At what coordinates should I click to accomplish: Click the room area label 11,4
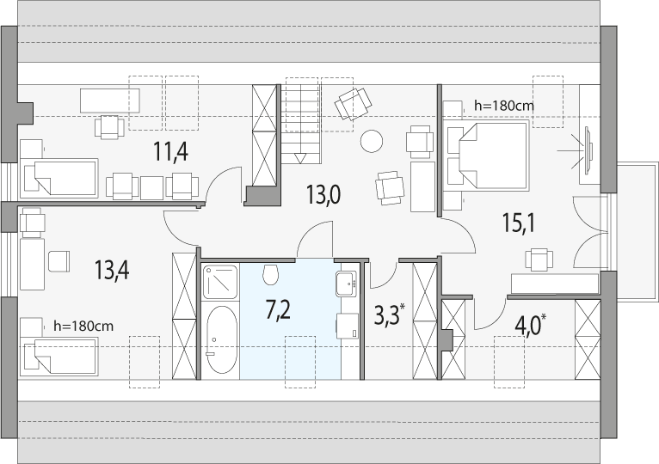pyautogui.click(x=170, y=151)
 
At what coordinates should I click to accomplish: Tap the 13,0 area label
pyautogui.click(x=323, y=195)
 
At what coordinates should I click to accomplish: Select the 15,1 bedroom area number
pyautogui.click(x=519, y=223)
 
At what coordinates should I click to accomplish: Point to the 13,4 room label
pyautogui.click(x=111, y=270)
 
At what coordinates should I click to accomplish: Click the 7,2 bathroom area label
pyautogui.click(x=278, y=311)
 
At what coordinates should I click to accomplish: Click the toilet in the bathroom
pyautogui.click(x=271, y=274)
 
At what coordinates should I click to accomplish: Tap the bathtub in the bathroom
pyautogui.click(x=221, y=339)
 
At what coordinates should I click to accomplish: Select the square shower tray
pyautogui.click(x=219, y=282)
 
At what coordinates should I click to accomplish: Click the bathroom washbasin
pyautogui.click(x=347, y=284)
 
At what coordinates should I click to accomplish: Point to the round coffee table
pyautogui.click(x=372, y=141)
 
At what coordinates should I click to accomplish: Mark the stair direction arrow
pyautogui.click(x=300, y=158)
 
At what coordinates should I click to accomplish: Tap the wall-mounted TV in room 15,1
pyautogui.click(x=588, y=149)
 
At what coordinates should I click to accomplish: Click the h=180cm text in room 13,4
pyautogui.click(x=83, y=326)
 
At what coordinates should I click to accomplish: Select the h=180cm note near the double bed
pyautogui.click(x=504, y=106)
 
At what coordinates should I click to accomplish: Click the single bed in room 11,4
pyautogui.click(x=59, y=178)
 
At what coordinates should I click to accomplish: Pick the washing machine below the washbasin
pyautogui.click(x=348, y=326)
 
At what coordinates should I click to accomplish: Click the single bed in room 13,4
pyautogui.click(x=59, y=357)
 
